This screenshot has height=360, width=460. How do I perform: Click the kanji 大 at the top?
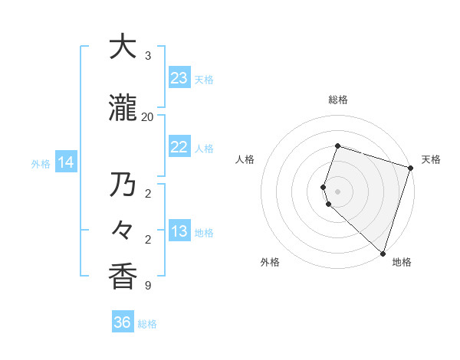click(x=123, y=47)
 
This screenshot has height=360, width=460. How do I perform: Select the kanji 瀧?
click(x=123, y=110)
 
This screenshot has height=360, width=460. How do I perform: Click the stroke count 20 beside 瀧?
click(x=147, y=116)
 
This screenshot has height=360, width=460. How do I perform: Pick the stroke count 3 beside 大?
click(x=147, y=56)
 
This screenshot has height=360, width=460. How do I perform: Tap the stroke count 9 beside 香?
click(x=147, y=286)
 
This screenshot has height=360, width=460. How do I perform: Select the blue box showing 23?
click(x=179, y=78)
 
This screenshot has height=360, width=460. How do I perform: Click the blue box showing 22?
click(x=179, y=147)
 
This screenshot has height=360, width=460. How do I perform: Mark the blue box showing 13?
click(x=179, y=231)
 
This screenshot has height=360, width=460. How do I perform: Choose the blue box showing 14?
click(x=65, y=162)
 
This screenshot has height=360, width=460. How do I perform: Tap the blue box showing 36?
click(x=123, y=322)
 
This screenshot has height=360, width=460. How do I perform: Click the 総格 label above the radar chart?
click(x=338, y=100)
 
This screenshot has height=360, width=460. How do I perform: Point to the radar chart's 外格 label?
click(x=271, y=262)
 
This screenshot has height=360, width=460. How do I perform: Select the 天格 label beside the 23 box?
click(x=205, y=79)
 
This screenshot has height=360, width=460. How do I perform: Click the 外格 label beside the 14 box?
click(x=41, y=163)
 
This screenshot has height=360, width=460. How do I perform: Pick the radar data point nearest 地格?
click(x=383, y=253)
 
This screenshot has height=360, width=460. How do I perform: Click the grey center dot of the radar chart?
click(x=338, y=191)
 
